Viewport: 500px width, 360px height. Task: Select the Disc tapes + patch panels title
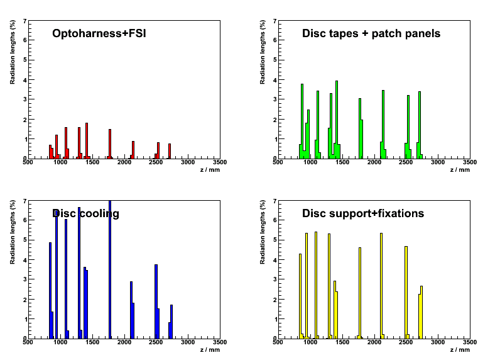371,33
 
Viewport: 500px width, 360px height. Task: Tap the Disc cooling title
85,213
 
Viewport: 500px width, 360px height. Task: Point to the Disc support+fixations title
362,213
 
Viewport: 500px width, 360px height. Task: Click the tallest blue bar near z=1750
109,269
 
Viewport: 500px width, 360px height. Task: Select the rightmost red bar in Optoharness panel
170,151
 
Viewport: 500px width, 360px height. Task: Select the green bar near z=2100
383,124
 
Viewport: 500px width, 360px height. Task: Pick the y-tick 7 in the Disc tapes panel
274,21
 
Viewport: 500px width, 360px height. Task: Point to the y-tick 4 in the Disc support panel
274,260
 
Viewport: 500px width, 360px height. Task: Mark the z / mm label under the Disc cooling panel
210,350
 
